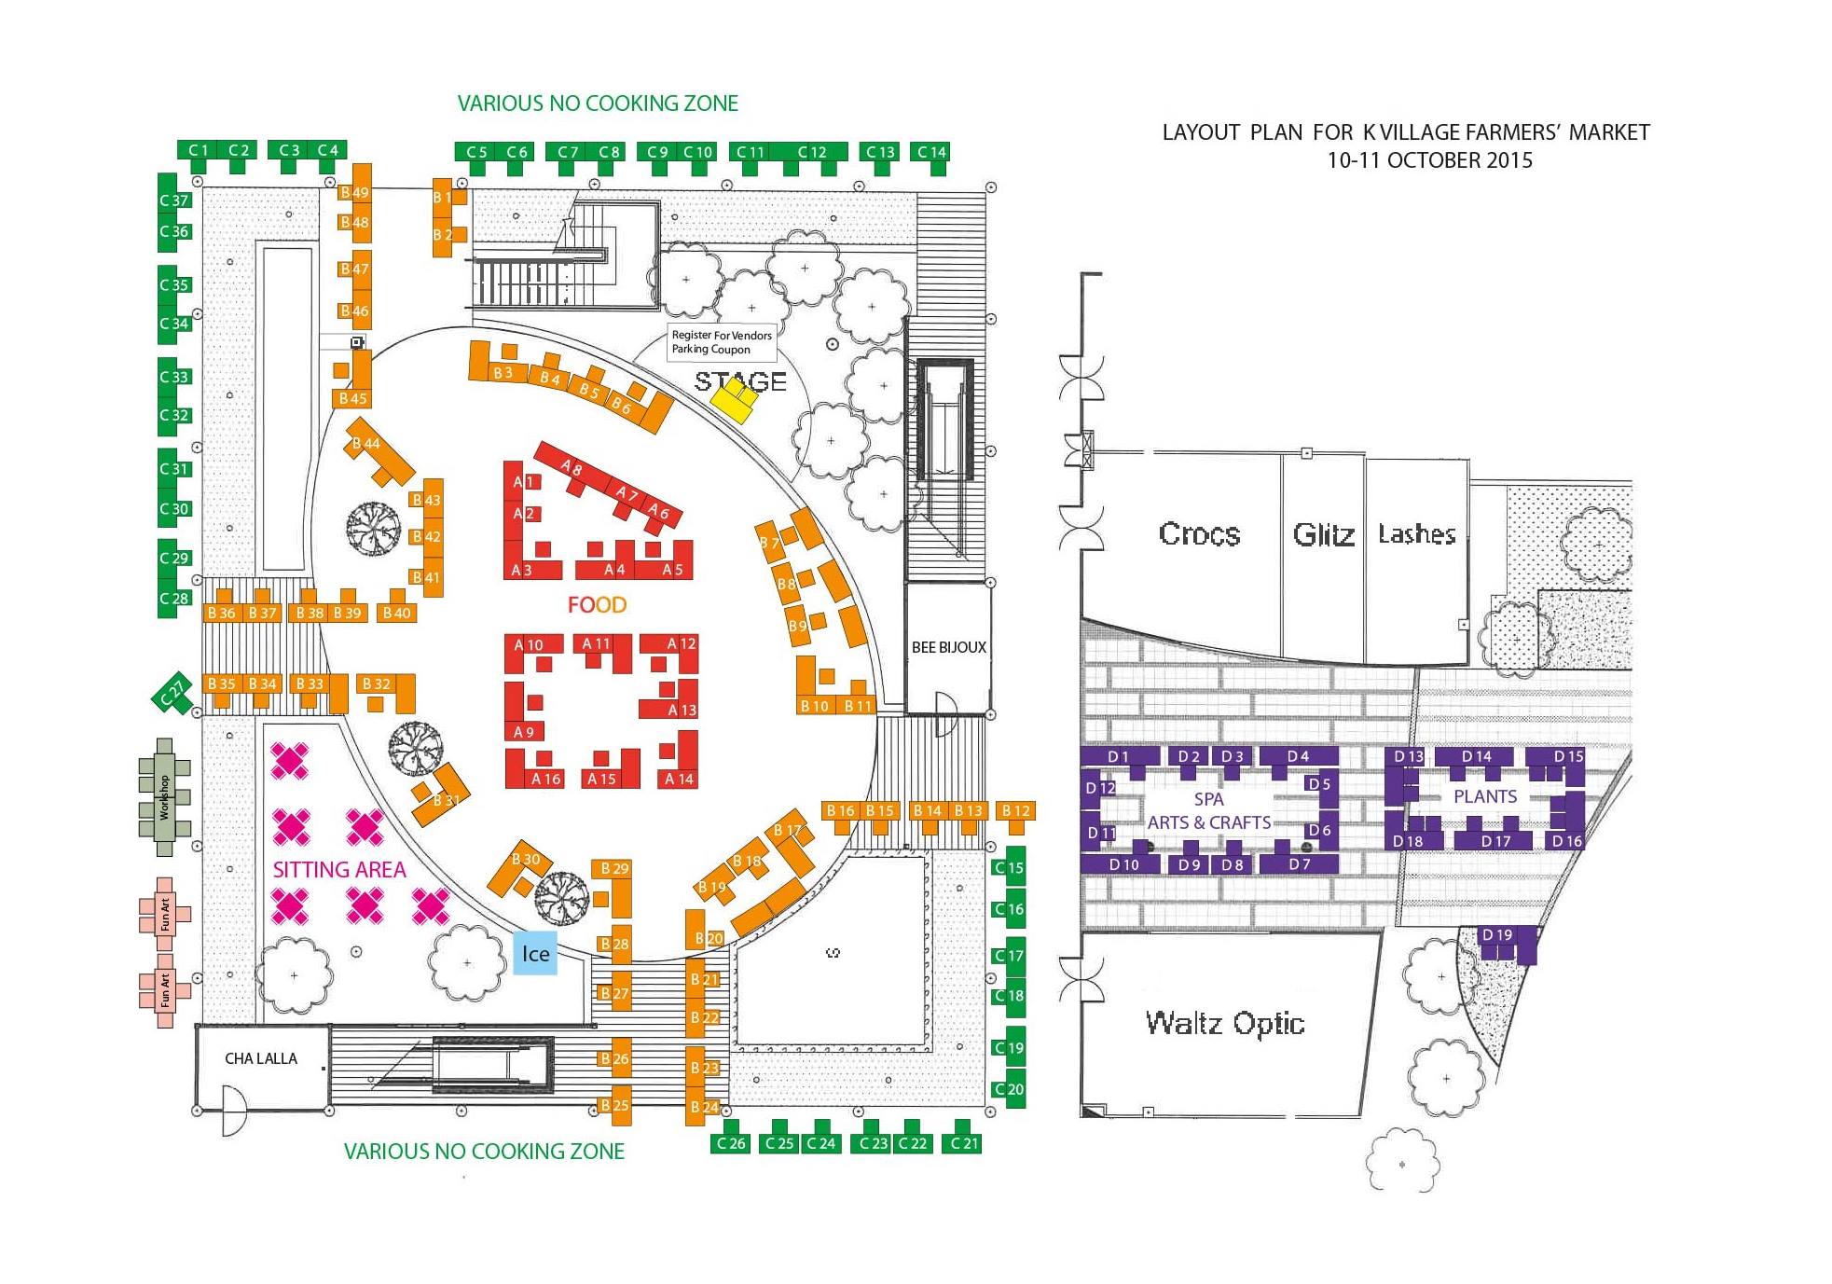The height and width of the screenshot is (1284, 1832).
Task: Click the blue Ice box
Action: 535,953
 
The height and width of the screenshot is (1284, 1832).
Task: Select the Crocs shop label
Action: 1199,534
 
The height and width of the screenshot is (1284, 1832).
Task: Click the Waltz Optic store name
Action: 1225,1024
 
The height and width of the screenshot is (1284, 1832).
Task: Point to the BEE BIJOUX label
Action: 949,647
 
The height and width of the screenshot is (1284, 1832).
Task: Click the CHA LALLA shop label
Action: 261,1058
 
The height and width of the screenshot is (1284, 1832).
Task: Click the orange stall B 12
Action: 1015,811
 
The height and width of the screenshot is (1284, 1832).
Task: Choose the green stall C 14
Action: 931,153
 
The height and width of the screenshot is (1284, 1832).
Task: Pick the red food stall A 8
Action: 572,468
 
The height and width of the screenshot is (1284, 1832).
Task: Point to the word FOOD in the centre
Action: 597,605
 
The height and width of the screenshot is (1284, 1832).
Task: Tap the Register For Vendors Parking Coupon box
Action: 722,342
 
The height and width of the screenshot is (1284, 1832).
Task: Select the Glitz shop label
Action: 1323,534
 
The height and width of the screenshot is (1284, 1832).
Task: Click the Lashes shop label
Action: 1417,534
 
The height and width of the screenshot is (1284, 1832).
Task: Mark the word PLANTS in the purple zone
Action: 1485,797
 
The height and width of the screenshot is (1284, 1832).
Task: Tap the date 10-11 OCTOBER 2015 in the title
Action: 1429,160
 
